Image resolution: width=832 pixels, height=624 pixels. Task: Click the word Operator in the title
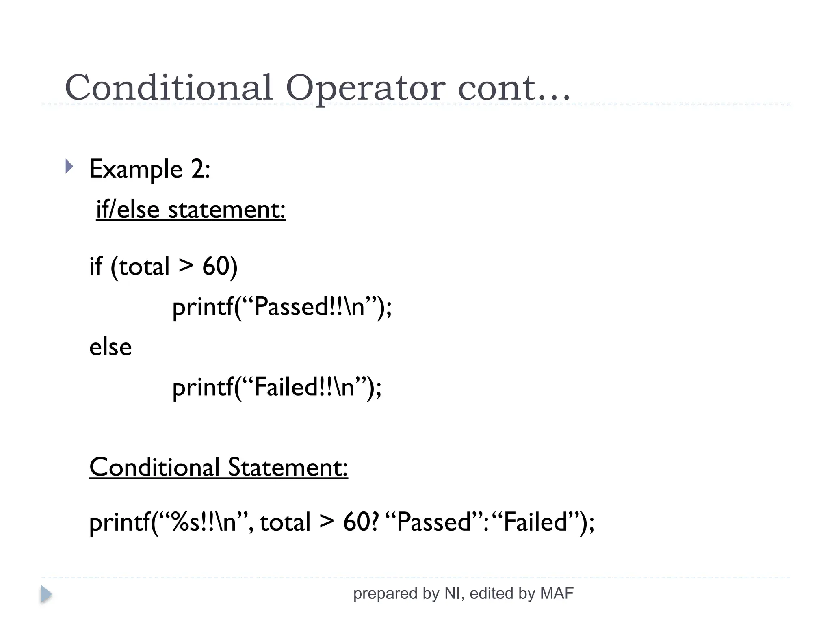coord(365,88)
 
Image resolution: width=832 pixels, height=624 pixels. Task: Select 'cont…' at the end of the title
coord(513,88)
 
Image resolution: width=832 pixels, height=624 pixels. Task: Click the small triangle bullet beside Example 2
coord(69,166)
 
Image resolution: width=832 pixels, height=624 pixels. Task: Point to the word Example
coord(136,169)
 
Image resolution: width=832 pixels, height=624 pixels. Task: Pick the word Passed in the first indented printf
coord(292,307)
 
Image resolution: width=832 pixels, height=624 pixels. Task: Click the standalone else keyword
coord(110,347)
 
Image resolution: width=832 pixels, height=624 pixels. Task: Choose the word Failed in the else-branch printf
coord(286,387)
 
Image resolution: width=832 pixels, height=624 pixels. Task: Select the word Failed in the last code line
coord(535,522)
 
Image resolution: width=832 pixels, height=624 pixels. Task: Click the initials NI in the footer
coord(453,594)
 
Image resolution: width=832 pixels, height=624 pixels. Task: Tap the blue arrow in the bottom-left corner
coord(46,594)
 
